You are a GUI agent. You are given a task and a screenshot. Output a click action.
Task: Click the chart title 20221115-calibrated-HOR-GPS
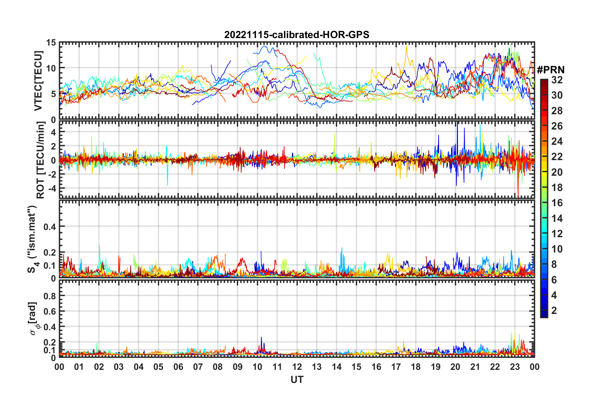pos(297,35)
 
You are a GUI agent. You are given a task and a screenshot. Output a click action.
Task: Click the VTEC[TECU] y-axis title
pos(38,81)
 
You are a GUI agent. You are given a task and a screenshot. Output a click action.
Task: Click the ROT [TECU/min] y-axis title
pos(41,160)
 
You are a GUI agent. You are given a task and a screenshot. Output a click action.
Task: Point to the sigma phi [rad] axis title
pos(33,319)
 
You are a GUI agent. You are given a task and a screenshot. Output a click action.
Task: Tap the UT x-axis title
pos(297,380)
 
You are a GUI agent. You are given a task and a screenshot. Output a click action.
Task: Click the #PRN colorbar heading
pos(551,70)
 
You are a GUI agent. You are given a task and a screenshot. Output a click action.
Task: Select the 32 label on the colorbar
pos(557,80)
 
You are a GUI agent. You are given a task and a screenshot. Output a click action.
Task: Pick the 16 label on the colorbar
pos(557,203)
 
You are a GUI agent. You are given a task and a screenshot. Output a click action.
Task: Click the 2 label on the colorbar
pos(554,311)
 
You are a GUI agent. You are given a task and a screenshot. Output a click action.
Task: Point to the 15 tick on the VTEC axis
pos(51,43)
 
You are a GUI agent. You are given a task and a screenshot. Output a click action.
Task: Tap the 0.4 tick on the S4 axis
pos(49,227)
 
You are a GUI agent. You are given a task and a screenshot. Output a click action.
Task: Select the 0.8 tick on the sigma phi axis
pos(49,296)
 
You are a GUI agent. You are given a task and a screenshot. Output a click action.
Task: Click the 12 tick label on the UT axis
pos(297,367)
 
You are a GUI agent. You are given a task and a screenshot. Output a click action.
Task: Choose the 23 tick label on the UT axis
pos(515,367)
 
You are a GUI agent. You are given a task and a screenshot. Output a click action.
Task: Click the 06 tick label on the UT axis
pos(178,367)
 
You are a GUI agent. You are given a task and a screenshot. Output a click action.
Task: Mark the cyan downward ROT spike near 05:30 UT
pos(167,184)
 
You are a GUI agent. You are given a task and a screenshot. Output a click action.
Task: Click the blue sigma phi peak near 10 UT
pos(261,338)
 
